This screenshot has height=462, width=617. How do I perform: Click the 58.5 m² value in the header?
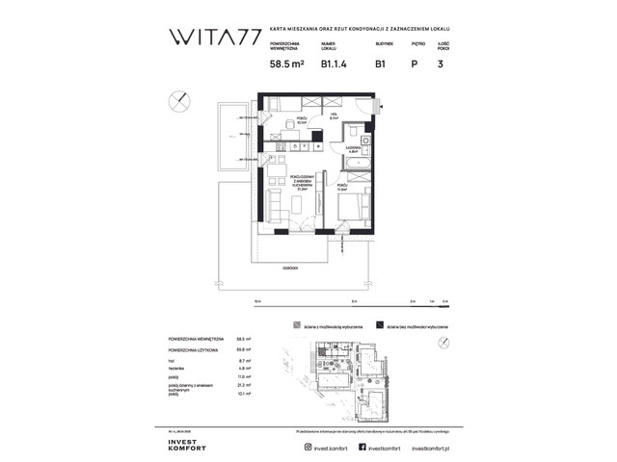[288, 65]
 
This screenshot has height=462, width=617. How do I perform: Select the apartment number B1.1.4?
[333, 65]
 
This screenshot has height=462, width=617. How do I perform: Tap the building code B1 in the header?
[382, 65]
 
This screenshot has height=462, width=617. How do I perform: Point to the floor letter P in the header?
[414, 65]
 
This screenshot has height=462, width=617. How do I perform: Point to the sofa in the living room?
[275, 203]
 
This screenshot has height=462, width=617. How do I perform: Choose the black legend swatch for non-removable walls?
[381, 326]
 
